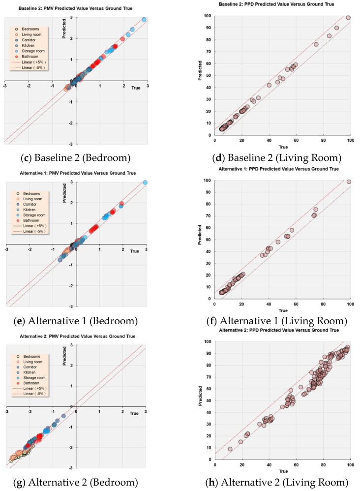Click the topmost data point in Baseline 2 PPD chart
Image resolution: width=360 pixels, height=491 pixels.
pyautogui.click(x=348, y=18)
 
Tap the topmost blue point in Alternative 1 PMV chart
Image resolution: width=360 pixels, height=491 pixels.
pyautogui.click(x=145, y=183)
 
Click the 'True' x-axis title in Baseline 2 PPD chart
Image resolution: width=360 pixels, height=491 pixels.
pyautogui.click(x=283, y=147)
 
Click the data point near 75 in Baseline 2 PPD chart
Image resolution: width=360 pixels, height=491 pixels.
pyautogui.click(x=316, y=44)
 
